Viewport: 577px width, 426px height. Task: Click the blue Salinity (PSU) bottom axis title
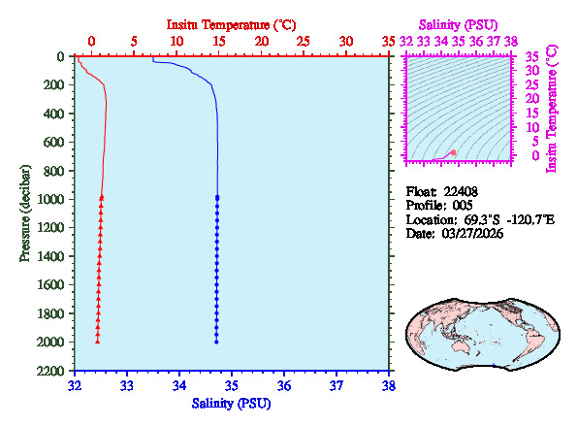tap(232, 403)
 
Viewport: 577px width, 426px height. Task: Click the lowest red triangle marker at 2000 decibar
tap(98, 342)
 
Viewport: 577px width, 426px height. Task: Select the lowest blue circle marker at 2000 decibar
tap(216, 342)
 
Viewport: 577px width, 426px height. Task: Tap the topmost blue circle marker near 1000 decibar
tap(216, 197)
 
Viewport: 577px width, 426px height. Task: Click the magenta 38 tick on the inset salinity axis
tap(511, 42)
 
